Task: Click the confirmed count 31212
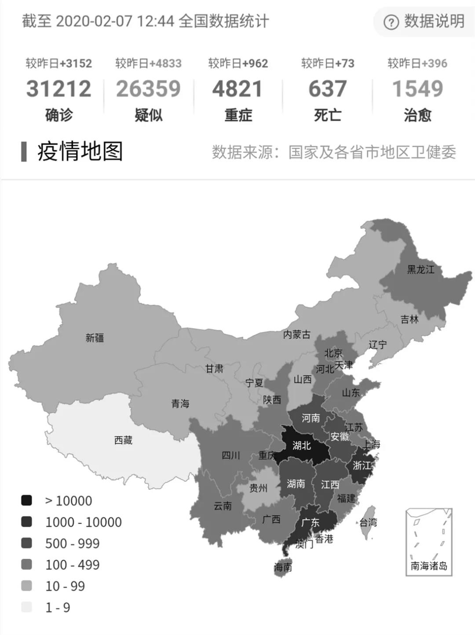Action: pos(58,89)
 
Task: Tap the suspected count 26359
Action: pos(148,89)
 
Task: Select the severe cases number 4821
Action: pos(237,89)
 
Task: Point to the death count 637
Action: pos(327,89)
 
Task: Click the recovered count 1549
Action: pos(417,89)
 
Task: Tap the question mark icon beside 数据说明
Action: pos(391,22)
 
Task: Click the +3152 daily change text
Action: pos(75,63)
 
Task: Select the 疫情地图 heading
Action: pos(80,151)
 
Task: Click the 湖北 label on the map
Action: pos(302,446)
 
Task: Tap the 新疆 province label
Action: pos(95,338)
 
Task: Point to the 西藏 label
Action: pos(123,440)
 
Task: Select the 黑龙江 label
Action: pos(420,270)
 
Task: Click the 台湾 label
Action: pos(368,523)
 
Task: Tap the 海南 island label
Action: pos(283,567)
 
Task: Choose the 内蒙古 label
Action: pos(296,335)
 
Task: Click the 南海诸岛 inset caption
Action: pos(429,566)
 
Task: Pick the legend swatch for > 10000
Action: pos(26,501)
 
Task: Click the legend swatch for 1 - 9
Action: pos(26,607)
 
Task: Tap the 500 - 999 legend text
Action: pos(72,543)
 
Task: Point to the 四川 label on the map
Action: pos(231,455)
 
